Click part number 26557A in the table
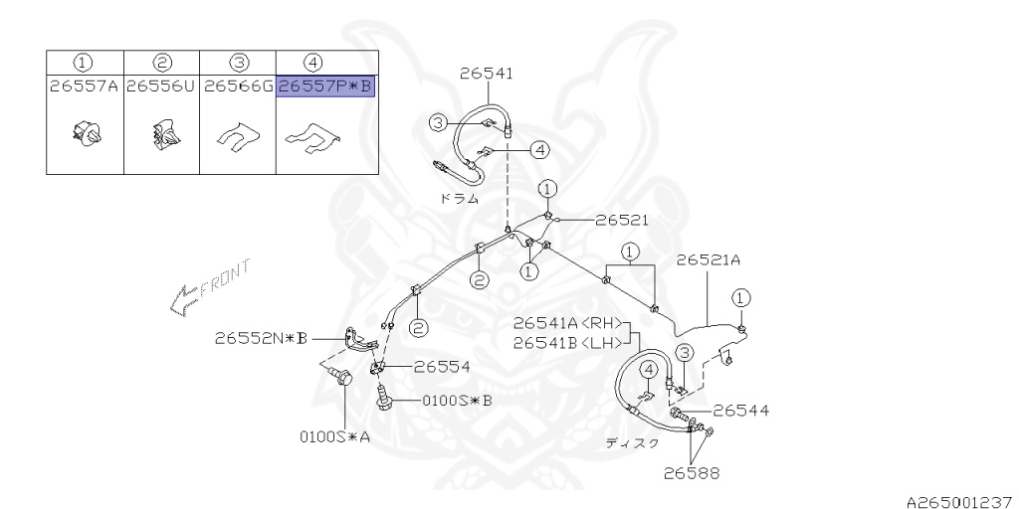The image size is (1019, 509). pyautogui.click(x=85, y=86)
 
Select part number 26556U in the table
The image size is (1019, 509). pyautogui.click(x=161, y=86)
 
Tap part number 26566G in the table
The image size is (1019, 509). pyautogui.click(x=238, y=86)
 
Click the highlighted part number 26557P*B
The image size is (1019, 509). pyautogui.click(x=325, y=86)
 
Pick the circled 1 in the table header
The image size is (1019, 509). pyautogui.click(x=85, y=63)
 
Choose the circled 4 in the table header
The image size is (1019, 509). pyautogui.click(x=325, y=63)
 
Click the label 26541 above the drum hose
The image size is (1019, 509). pyautogui.click(x=487, y=74)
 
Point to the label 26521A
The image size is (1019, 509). pyautogui.click(x=709, y=261)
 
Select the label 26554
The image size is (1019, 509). pyautogui.click(x=442, y=366)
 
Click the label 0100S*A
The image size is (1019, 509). pyautogui.click(x=335, y=434)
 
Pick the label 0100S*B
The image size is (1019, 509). pyautogui.click(x=458, y=401)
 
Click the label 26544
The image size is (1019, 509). pyautogui.click(x=740, y=410)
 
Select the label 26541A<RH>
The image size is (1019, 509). pyautogui.click(x=568, y=323)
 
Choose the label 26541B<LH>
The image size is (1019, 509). pyautogui.click(x=568, y=343)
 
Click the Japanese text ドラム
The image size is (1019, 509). pyautogui.click(x=459, y=198)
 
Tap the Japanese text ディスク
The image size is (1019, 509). pyautogui.click(x=633, y=443)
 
